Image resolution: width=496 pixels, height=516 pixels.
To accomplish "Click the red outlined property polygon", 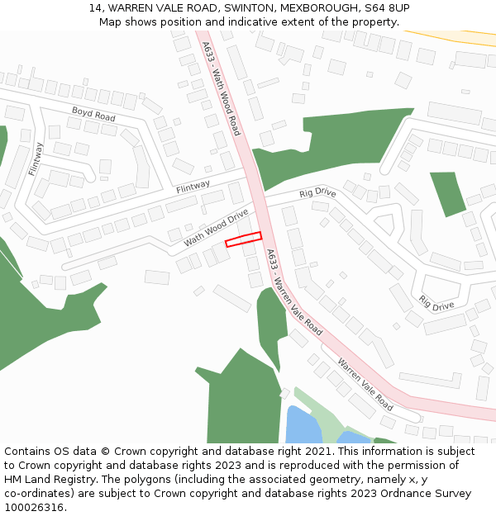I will tap(244, 239).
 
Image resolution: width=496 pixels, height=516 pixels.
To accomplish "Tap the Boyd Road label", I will tap(93, 115).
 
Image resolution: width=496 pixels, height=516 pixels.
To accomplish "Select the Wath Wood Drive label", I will tap(217, 228).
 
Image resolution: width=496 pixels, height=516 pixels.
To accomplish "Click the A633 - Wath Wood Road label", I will tap(221, 89).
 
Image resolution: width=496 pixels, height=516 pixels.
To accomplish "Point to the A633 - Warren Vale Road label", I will tap(294, 293).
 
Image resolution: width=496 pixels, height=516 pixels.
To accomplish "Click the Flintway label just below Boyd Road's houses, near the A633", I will tap(193, 187).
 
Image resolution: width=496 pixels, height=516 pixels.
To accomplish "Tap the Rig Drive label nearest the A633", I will tap(317, 192).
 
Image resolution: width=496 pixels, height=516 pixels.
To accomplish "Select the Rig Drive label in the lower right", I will tap(436, 302).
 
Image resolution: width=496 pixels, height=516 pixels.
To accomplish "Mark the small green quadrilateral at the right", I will tap(448, 192).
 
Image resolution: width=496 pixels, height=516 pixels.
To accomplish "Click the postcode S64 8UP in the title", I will tap(387, 7).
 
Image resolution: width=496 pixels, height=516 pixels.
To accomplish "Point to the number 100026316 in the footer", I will tap(32, 507).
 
